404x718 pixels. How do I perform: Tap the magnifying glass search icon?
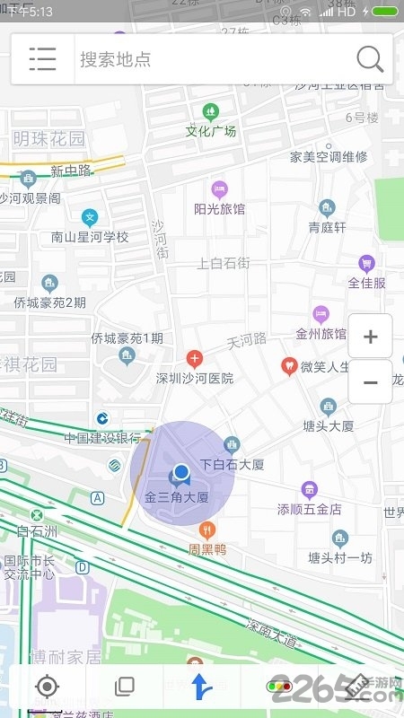370,59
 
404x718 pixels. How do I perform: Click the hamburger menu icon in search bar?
42,59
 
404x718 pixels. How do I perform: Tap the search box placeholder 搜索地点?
116,60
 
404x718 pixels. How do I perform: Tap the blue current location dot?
181,471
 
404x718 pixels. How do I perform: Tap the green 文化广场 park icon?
211,112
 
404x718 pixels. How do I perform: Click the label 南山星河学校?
90,237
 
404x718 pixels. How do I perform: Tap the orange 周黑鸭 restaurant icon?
208,530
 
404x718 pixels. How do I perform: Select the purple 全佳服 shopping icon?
366,264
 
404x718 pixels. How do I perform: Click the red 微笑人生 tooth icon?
289,365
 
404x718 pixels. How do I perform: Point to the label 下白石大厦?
232,465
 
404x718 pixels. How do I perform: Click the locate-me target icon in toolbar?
47,687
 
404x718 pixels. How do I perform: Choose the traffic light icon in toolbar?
278,687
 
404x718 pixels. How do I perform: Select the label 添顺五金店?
310,509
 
